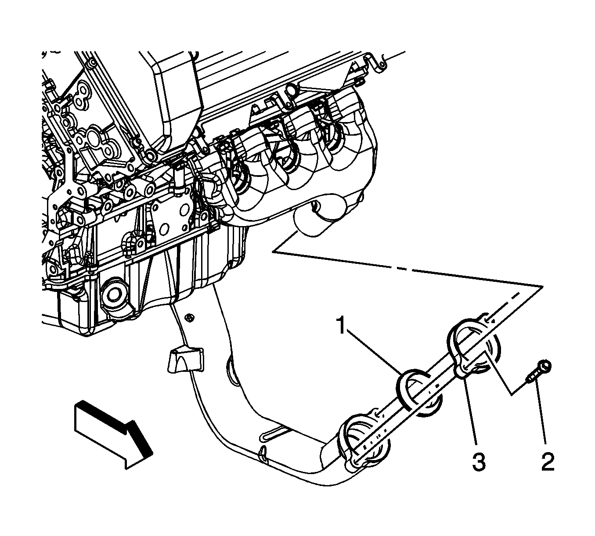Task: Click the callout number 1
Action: (x=342, y=325)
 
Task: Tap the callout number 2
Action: (x=548, y=462)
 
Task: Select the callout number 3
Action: (x=479, y=462)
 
